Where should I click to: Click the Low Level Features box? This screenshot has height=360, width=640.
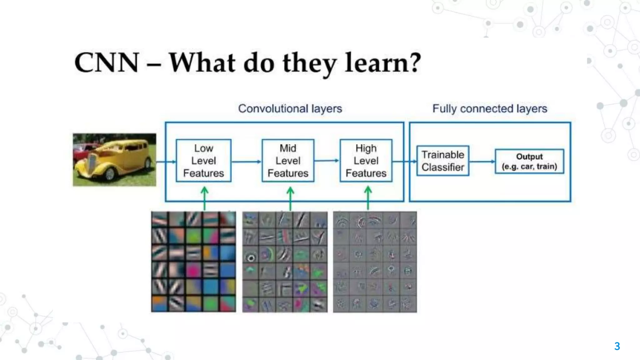203,161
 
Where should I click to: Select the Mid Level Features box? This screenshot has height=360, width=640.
288,161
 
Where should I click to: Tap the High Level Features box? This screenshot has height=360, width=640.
366,161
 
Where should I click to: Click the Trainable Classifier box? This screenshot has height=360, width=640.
443,161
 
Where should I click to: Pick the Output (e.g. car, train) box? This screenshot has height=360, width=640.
529,161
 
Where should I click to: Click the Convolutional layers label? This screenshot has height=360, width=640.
290,109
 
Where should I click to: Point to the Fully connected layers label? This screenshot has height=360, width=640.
490,109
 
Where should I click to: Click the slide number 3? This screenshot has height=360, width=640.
617,346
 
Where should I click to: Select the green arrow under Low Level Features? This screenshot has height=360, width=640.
204,198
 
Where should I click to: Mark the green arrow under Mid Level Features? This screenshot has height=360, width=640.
290,198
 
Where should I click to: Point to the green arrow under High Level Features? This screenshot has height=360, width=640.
368,198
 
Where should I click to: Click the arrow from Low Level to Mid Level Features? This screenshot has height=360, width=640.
246,162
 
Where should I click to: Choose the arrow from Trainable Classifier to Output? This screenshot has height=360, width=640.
482,162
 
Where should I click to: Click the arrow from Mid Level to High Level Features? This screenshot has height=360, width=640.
327,161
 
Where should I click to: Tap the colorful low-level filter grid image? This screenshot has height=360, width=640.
193,262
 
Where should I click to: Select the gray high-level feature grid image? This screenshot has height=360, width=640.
375,262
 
